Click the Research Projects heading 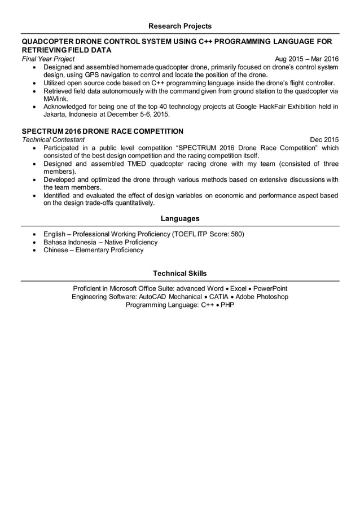180,26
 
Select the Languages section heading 180,218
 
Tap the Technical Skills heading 180,273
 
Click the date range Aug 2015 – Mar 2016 306,59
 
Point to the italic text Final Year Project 48,59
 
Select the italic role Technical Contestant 53,139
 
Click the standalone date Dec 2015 324,139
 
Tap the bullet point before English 36,234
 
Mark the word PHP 227,305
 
